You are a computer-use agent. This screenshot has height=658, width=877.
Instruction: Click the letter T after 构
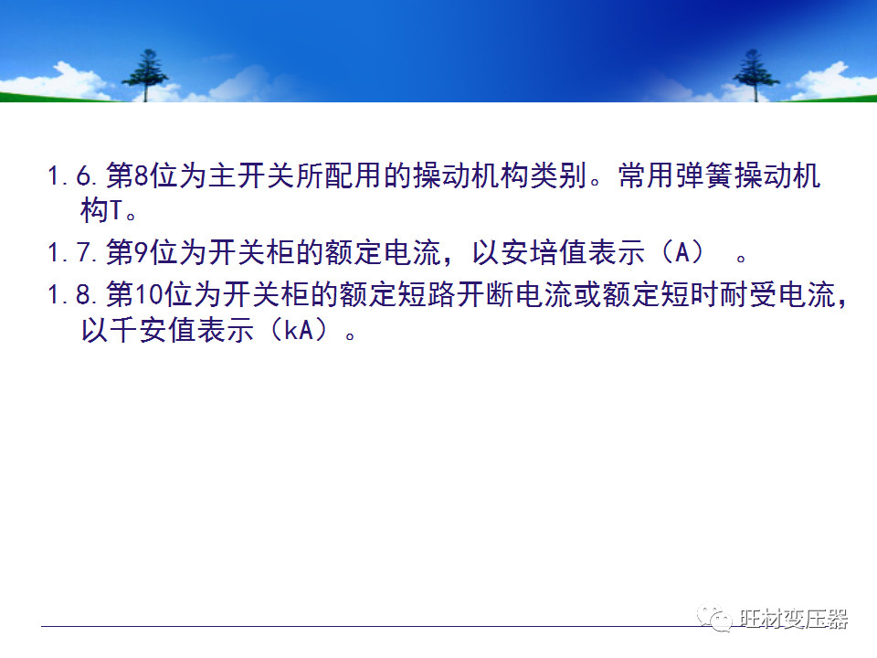coord(116,213)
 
